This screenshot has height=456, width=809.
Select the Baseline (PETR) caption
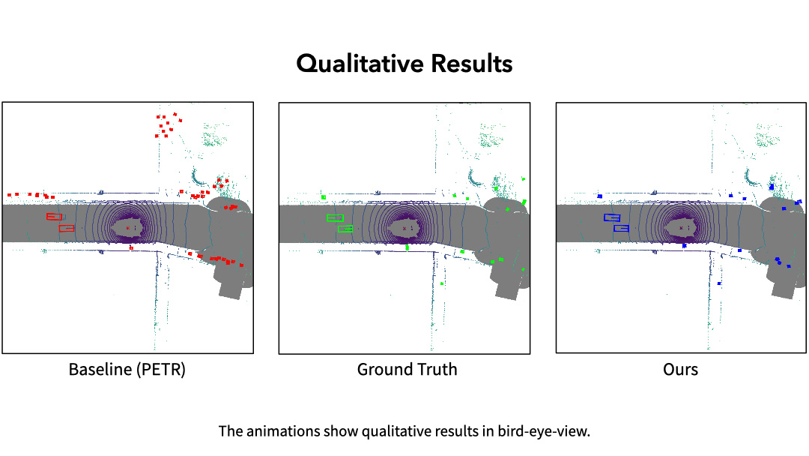tap(127, 370)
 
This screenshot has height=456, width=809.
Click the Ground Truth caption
tap(407, 370)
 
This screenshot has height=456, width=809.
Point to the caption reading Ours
tap(680, 370)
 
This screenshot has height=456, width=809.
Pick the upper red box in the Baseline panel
tap(54, 217)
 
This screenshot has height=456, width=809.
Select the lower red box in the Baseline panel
tap(67, 228)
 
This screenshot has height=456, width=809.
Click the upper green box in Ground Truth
tap(335, 217)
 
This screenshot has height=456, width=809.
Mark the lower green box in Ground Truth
tap(345, 228)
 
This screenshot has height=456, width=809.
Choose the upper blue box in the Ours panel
tap(612, 217)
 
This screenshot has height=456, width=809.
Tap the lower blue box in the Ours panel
tap(621, 228)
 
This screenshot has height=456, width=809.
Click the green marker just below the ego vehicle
tap(407, 247)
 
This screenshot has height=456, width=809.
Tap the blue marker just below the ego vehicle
tap(684, 245)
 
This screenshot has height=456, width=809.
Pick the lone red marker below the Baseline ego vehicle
tap(131, 247)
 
